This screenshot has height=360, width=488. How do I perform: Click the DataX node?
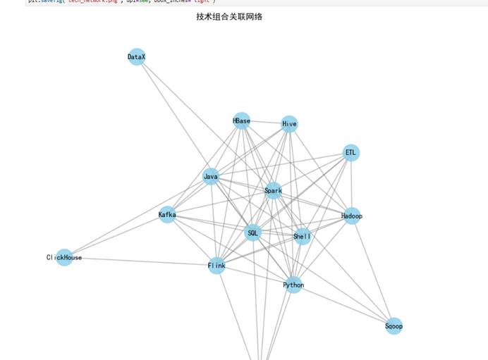point(137,57)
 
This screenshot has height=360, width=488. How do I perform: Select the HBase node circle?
point(241,121)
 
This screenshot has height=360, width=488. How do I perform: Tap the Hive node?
point(289,125)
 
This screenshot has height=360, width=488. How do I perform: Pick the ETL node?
point(351,153)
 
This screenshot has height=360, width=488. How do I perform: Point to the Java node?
point(211,176)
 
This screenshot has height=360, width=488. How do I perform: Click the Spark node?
point(273,190)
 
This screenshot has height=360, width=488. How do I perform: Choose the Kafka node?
point(167,214)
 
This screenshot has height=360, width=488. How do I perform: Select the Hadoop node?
point(351,216)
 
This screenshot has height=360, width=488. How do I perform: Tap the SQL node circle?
point(253,232)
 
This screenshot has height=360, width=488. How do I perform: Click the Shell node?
point(302,237)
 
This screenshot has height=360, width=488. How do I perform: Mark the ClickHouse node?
point(64,258)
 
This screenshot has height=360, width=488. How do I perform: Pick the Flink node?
point(216,266)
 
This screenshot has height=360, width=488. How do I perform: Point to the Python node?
point(293,285)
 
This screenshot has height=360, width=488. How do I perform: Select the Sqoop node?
point(394,326)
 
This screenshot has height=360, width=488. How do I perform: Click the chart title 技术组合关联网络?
point(229,16)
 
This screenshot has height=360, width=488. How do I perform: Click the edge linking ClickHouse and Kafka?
point(116,236)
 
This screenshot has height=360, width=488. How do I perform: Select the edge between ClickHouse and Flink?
point(140,261)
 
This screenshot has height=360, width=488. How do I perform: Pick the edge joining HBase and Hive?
point(265,123)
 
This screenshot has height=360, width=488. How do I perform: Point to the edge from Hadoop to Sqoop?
point(373,271)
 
